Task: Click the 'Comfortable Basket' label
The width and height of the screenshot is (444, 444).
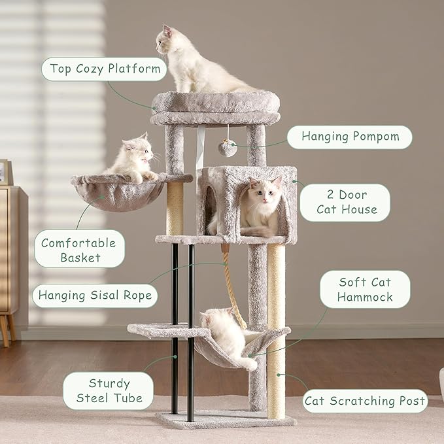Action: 80,250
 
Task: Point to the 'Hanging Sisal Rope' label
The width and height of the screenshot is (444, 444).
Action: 95,296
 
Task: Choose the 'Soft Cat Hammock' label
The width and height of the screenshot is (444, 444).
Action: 366,290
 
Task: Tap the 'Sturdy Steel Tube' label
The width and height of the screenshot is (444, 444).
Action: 109,390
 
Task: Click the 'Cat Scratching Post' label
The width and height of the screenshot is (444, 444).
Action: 365,401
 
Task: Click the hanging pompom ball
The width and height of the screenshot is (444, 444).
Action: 227,148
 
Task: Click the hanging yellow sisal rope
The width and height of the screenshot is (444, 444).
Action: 236,288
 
